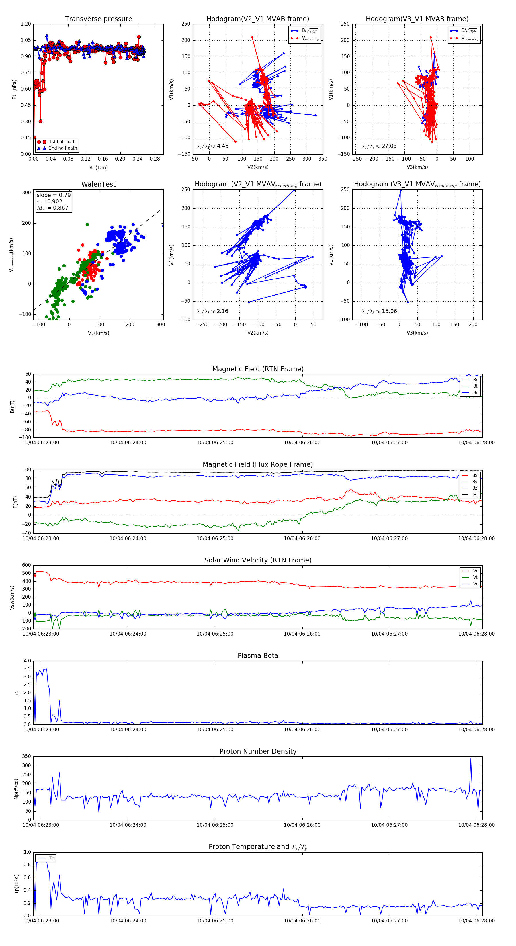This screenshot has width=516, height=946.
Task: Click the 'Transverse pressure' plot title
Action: tap(98, 19)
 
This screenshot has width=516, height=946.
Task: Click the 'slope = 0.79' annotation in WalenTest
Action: tap(53, 195)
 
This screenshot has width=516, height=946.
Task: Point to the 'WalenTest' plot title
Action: tap(98, 184)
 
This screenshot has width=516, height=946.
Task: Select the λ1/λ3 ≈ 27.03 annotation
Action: tap(379, 146)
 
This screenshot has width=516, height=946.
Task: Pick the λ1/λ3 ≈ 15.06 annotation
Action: tap(379, 311)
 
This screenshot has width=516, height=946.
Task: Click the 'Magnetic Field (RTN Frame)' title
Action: tap(258, 369)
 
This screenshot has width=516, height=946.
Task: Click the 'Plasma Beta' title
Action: tap(258, 656)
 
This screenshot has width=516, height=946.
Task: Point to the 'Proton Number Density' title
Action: tap(258, 751)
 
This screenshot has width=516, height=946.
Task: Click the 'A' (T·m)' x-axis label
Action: tap(98, 168)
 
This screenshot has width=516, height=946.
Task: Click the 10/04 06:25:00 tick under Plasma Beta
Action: tap(215, 730)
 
